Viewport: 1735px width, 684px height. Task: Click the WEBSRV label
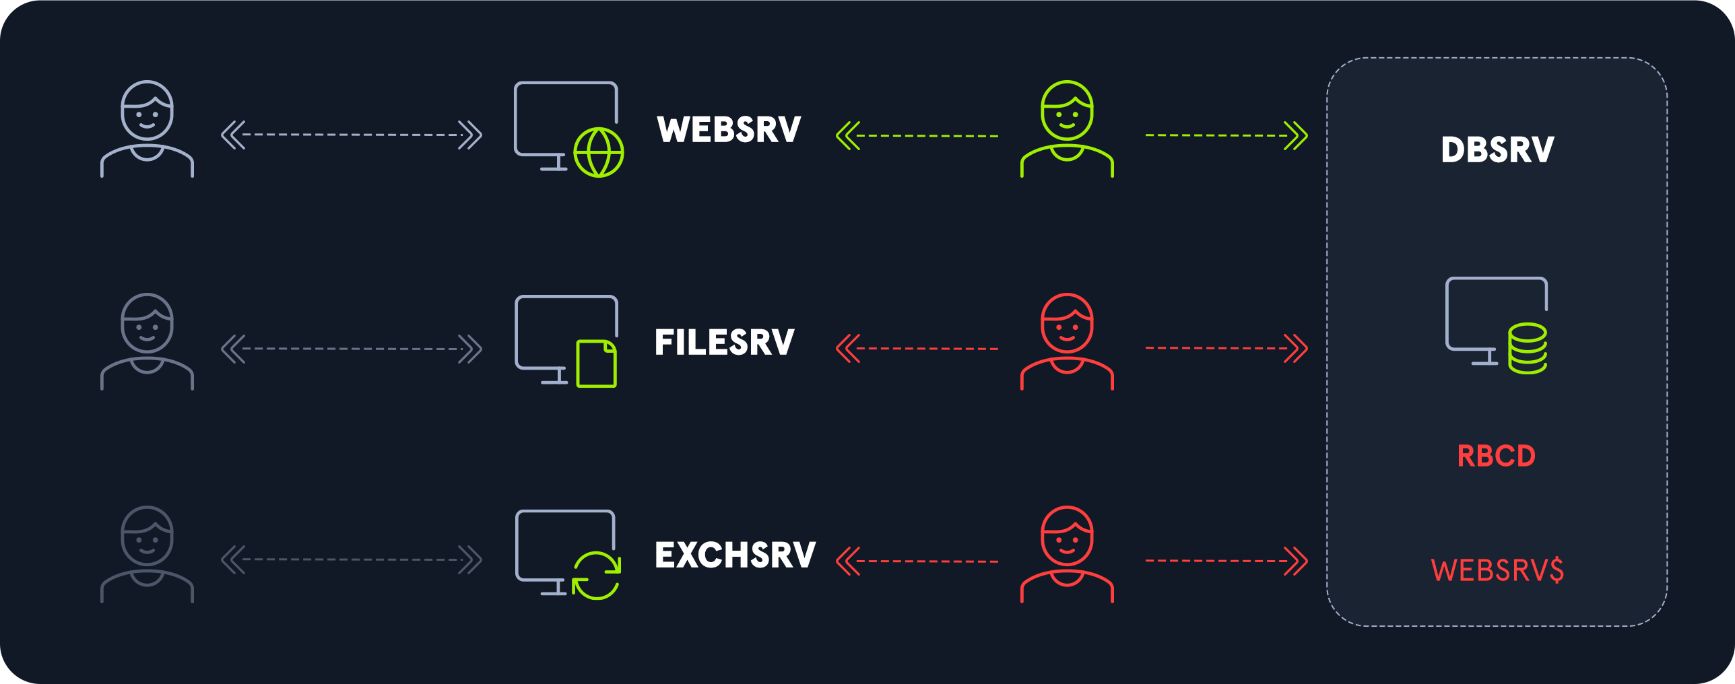(x=729, y=129)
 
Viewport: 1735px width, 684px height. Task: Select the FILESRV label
(x=724, y=342)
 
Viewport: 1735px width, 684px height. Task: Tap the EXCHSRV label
(x=735, y=555)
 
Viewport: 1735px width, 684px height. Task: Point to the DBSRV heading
(x=1497, y=149)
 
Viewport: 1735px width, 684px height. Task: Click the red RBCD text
(x=1496, y=456)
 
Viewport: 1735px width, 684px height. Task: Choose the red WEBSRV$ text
(x=1497, y=570)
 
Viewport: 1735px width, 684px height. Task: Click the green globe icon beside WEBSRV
(x=598, y=153)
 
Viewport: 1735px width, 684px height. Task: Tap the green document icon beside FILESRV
(x=596, y=364)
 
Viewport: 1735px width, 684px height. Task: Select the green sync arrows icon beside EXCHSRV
(x=596, y=576)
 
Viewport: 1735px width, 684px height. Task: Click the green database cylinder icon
(x=1527, y=348)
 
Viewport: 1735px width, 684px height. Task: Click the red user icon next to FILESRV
(x=1067, y=341)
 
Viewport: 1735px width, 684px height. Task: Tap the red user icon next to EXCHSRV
(x=1067, y=554)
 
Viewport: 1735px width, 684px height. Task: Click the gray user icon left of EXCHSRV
(x=147, y=554)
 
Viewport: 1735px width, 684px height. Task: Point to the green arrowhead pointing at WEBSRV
(x=847, y=135)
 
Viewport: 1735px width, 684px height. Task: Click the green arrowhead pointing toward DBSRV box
(x=1296, y=135)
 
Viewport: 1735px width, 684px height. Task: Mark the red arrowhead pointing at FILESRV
(x=847, y=349)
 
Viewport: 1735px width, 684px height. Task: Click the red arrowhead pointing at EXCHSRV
(x=847, y=561)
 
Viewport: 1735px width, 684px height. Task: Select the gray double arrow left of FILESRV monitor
(x=351, y=349)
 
